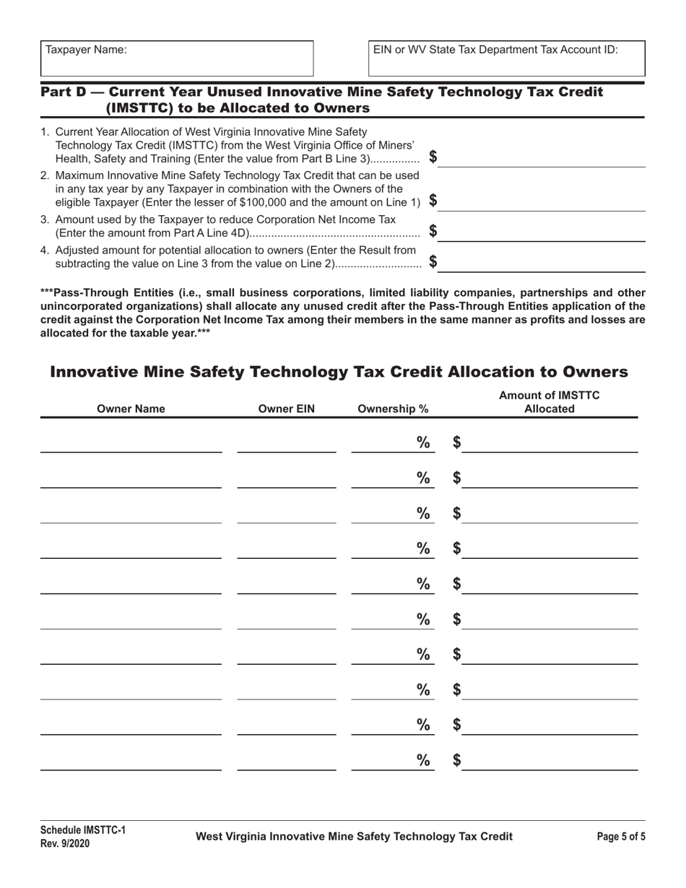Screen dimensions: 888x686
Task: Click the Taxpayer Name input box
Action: pos(176,58)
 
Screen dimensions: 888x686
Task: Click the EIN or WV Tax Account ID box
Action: pos(507,58)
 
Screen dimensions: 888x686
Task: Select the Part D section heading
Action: pos(321,100)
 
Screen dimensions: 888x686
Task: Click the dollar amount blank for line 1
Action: pos(542,157)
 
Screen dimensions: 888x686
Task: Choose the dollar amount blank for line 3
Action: pos(542,232)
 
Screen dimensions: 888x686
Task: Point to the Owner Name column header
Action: pos(131,409)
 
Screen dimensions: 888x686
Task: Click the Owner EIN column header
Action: pos(287,409)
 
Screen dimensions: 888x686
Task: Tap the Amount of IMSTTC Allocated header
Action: pos(549,402)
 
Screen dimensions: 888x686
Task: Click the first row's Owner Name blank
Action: pos(131,443)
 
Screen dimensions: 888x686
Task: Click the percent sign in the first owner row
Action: pos(423,443)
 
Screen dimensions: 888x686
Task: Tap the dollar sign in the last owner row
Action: pos(456,760)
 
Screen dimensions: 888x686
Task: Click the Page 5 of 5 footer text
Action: pos(621,837)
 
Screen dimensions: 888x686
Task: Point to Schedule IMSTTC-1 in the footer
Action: pos(82,830)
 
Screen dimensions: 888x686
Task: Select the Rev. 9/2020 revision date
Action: pos(65,843)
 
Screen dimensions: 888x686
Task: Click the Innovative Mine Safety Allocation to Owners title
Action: pos(339,372)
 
